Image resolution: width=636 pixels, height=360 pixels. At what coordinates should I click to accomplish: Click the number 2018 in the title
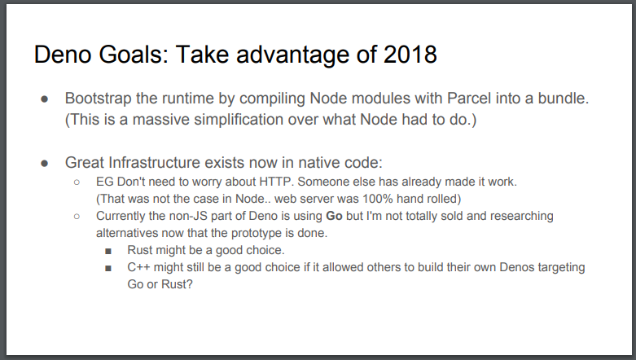pos(410,55)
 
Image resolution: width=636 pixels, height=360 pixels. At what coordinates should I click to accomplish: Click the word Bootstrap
pos(98,99)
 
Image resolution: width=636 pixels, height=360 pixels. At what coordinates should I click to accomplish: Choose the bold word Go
pos(334,216)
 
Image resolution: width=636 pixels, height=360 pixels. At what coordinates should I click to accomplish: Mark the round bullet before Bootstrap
pos(45,99)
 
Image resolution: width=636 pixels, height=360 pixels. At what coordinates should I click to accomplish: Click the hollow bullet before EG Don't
pos(77,182)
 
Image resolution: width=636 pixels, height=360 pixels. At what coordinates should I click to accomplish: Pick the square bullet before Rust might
pos(108,251)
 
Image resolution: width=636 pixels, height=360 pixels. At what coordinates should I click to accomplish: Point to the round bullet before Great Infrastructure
pos(45,163)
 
